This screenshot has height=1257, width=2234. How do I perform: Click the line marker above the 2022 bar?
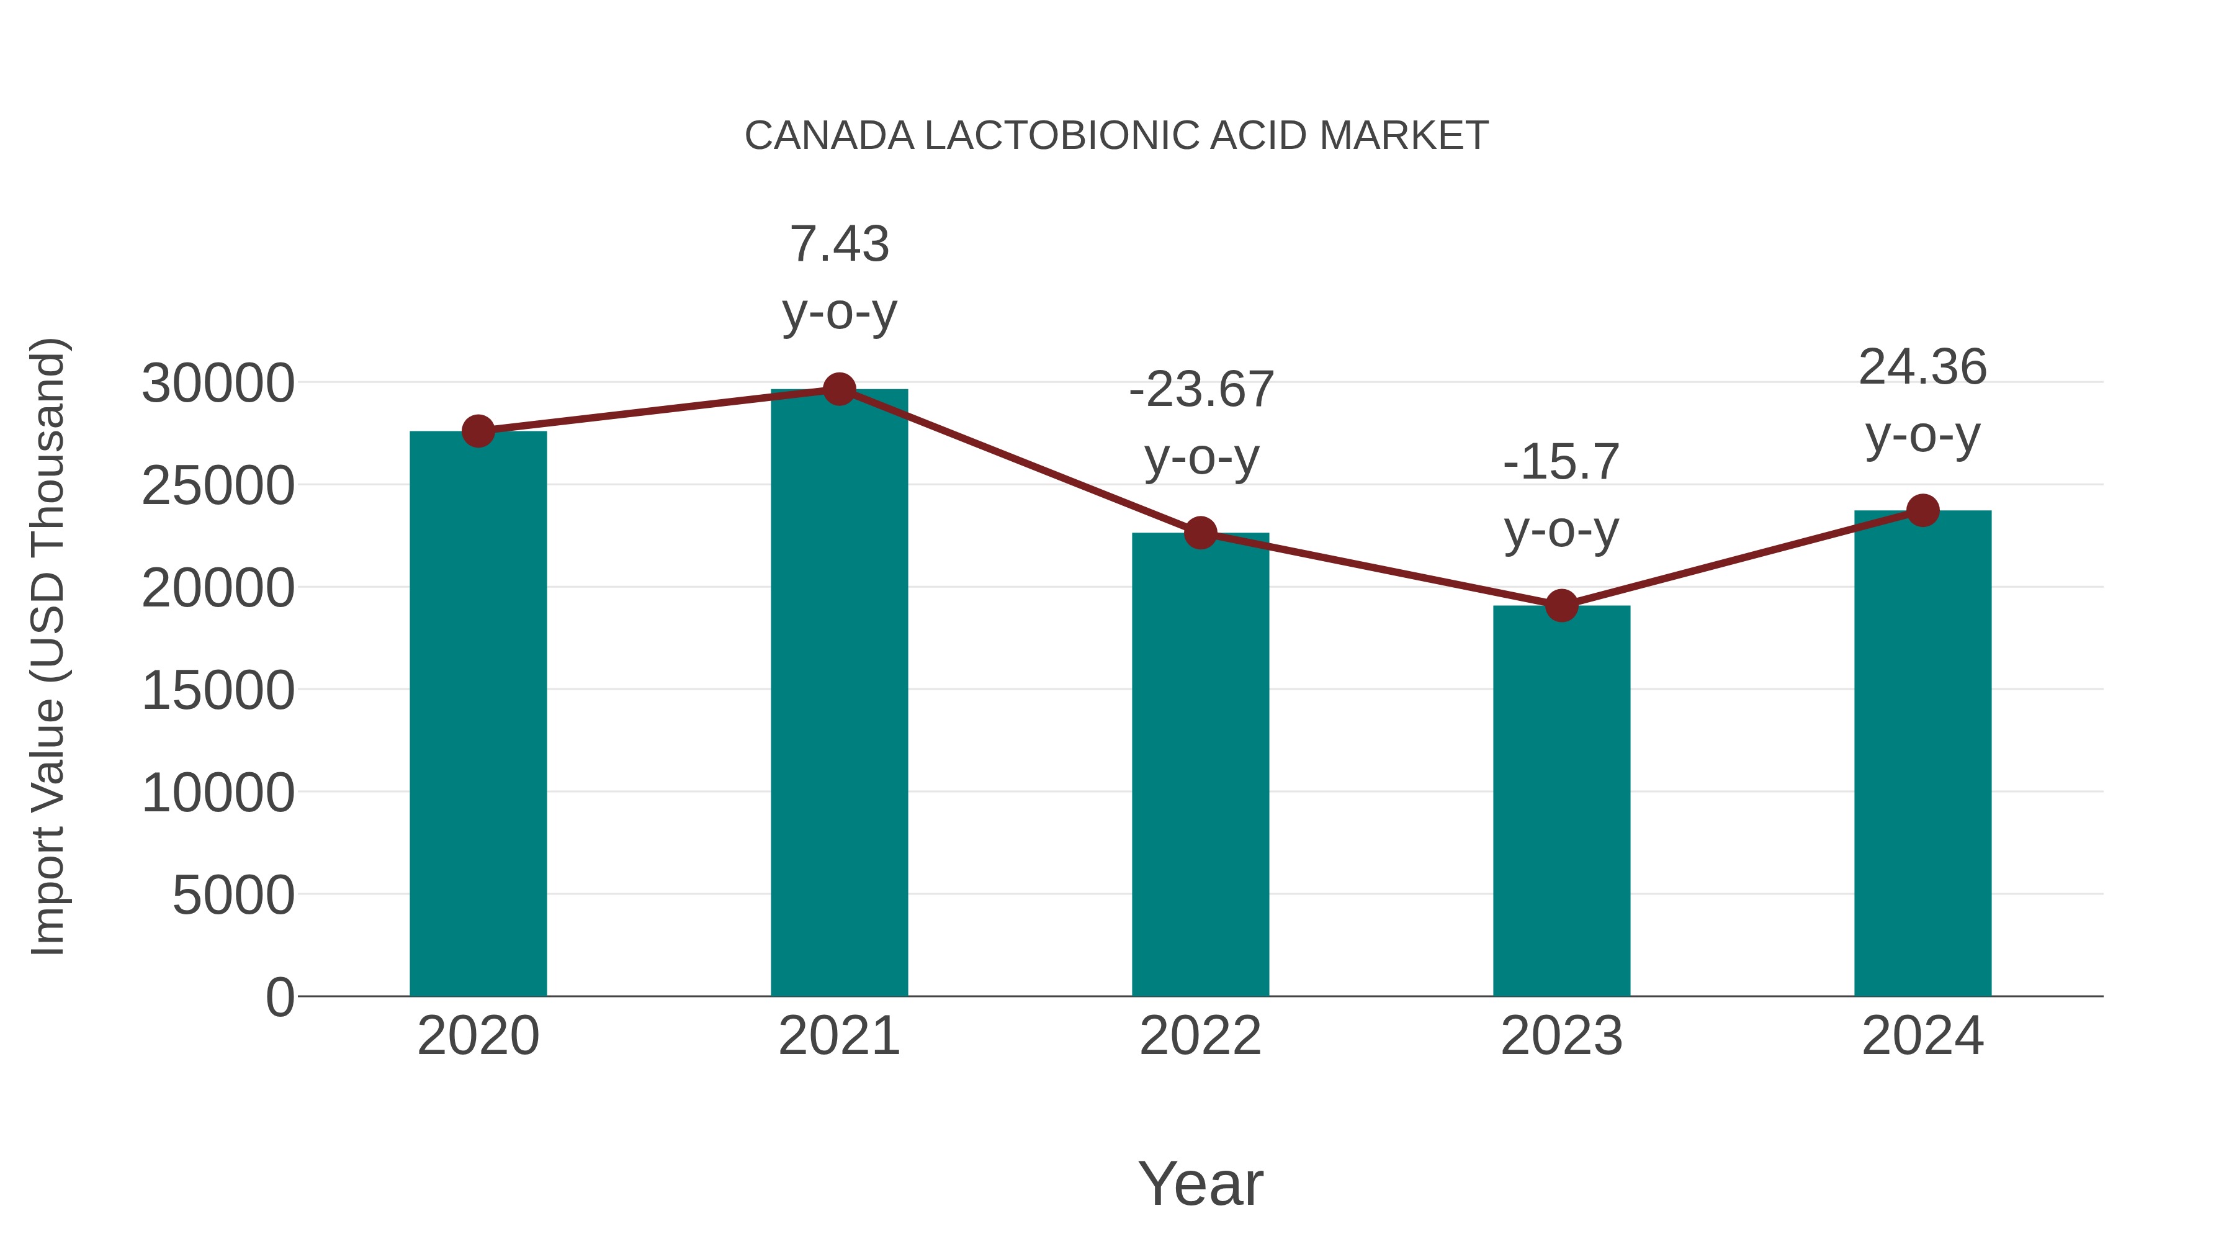pyautogui.click(x=1200, y=533)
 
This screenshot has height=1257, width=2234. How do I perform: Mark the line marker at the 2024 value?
pyautogui.click(x=1922, y=510)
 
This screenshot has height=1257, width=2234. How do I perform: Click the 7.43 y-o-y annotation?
pyautogui.click(x=838, y=277)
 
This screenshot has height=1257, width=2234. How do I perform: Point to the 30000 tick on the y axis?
pyautogui.click(x=218, y=384)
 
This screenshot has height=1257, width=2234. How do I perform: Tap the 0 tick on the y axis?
pyautogui.click(x=279, y=998)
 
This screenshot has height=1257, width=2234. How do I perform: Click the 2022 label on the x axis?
pyautogui.click(x=1200, y=1036)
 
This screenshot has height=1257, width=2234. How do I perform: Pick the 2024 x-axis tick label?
pyautogui.click(x=1922, y=1036)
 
